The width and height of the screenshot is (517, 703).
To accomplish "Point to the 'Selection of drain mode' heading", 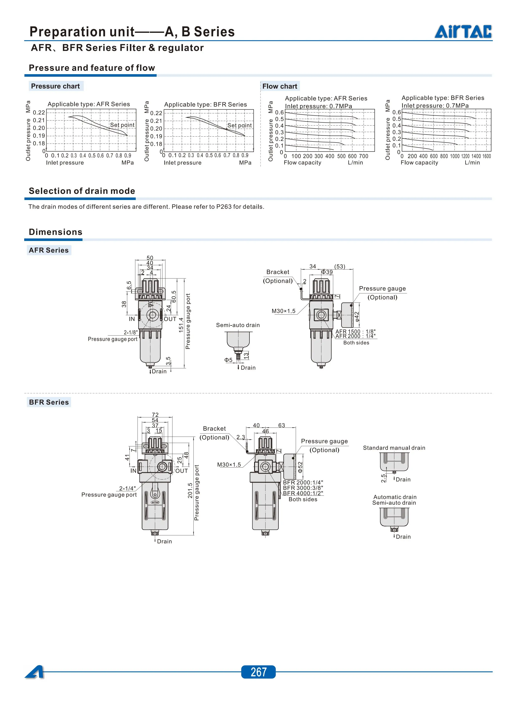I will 82,191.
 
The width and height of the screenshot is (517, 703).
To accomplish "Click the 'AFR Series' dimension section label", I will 49,250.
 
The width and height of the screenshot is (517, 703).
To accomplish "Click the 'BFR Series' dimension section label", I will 49,402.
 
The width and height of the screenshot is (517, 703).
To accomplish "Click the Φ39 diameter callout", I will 327,272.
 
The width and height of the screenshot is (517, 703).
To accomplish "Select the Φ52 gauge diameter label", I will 300,467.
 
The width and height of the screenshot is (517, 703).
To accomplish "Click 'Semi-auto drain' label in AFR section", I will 238,325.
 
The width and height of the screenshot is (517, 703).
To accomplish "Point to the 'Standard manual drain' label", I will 394,448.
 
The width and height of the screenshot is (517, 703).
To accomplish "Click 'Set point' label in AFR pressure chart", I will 122,125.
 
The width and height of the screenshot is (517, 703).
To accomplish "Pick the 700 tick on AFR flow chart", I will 364,156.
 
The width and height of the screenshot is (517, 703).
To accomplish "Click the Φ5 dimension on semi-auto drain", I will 228,360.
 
